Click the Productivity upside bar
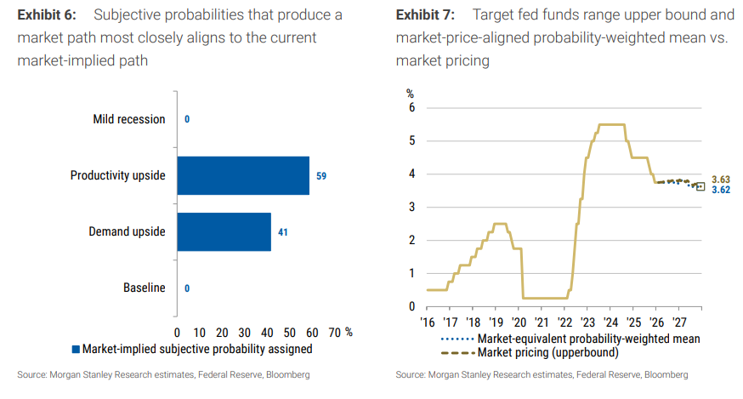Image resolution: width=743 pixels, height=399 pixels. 243,176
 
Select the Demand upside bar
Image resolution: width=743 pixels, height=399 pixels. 224,231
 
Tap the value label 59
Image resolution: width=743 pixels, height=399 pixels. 321,176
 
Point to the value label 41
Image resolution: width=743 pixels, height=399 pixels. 283,231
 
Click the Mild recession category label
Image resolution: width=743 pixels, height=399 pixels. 129,119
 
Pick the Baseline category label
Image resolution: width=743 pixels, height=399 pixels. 145,288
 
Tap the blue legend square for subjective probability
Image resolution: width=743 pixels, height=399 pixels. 76,349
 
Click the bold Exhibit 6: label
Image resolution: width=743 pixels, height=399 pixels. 48,14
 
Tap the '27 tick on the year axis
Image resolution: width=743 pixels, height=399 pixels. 679,322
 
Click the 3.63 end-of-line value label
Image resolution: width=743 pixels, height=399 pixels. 720,180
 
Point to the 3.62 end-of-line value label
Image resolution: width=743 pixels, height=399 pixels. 720,191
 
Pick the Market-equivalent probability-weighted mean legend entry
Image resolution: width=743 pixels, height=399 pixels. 570,338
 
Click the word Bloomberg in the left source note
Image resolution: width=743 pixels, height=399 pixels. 284,374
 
